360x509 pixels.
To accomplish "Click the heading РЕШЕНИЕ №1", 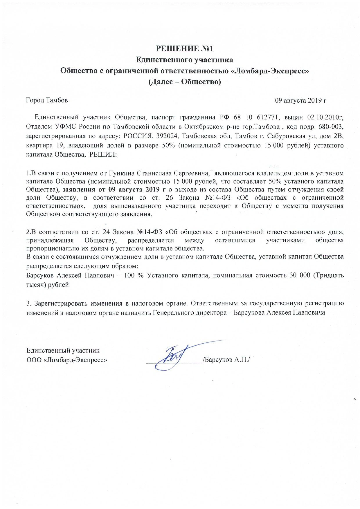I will [x=185, y=48].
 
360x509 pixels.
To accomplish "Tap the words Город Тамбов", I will [x=47, y=100].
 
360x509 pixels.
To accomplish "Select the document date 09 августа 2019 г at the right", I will [x=301, y=100].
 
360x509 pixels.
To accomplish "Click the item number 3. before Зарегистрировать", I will [x=28, y=304].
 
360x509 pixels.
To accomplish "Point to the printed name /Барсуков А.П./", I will [x=226, y=360].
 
